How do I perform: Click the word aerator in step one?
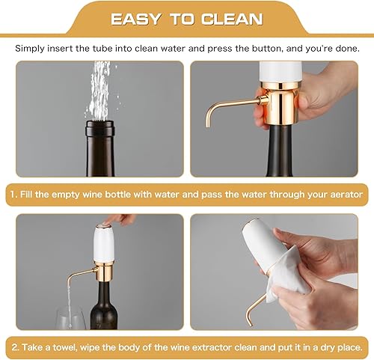346,194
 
